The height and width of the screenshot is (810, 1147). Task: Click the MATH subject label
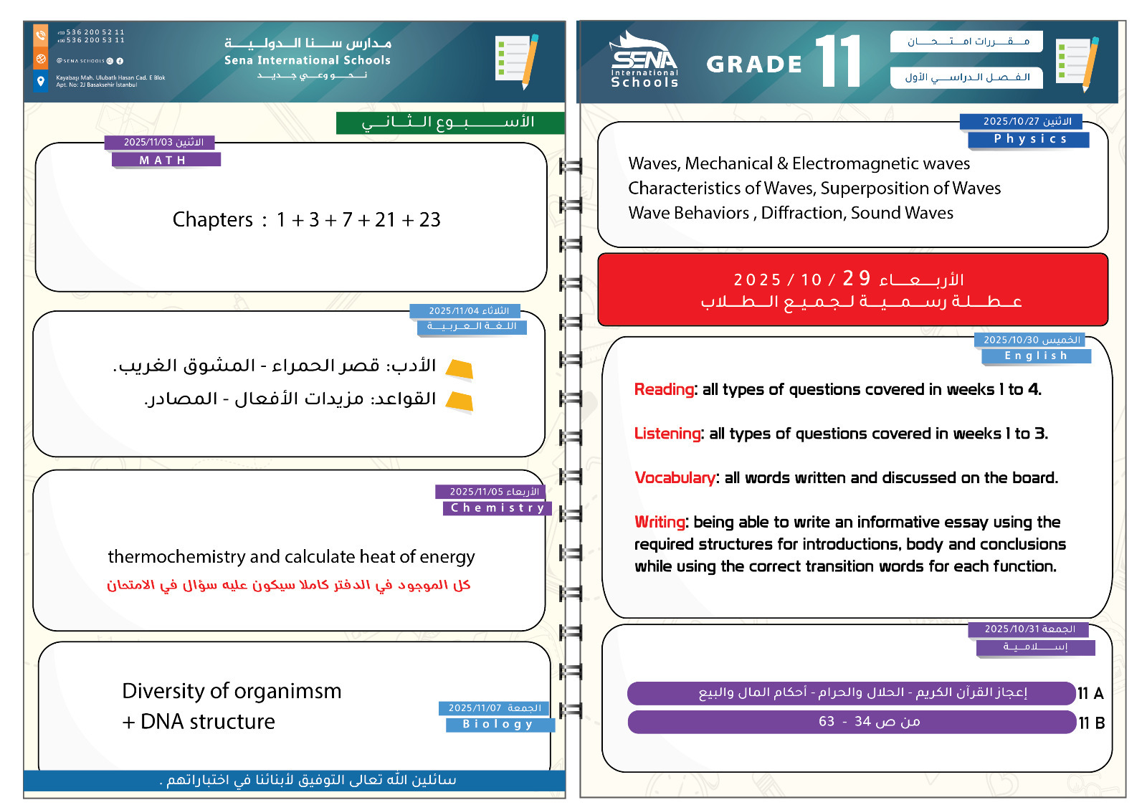[x=166, y=160]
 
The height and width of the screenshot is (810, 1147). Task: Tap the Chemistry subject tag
[x=498, y=508]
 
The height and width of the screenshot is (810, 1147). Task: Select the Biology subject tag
[x=500, y=725]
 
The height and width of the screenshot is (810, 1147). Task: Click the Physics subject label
[x=1029, y=139]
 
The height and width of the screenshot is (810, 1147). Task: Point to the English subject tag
[x=1035, y=356]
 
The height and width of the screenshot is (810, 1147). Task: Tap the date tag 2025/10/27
[x=1021, y=122]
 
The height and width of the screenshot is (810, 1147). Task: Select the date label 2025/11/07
[x=494, y=708]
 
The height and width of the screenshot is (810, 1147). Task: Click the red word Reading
[x=664, y=389]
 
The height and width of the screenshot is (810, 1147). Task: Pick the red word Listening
[x=667, y=434]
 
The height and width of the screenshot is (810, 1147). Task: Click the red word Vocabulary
[x=675, y=478]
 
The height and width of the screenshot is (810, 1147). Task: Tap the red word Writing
[x=660, y=522]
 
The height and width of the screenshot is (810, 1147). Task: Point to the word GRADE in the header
[x=753, y=65]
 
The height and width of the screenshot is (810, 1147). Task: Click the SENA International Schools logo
[x=644, y=62]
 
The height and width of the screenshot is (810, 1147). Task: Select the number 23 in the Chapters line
[x=429, y=220]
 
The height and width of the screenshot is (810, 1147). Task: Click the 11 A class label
[x=1090, y=693]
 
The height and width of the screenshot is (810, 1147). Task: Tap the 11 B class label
[x=1091, y=723]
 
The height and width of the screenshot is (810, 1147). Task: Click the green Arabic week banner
[x=449, y=123]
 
